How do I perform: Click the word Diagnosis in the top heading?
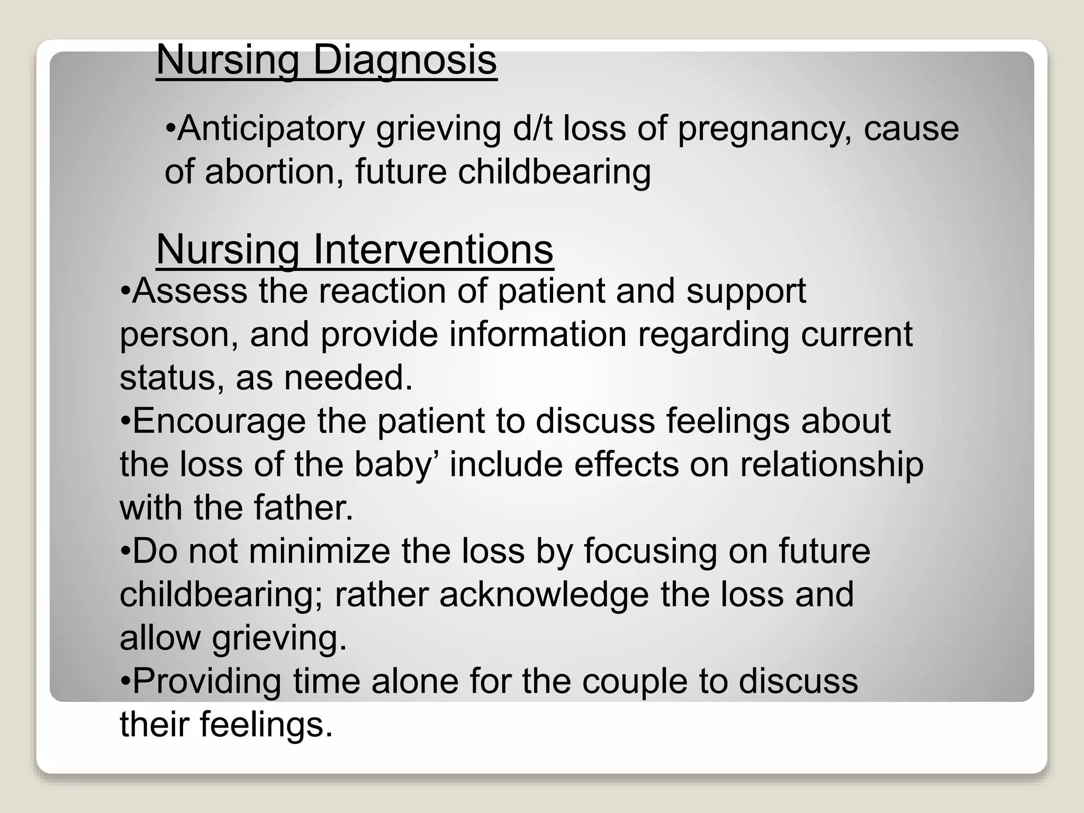click(405, 61)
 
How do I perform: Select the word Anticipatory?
click(271, 129)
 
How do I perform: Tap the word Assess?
click(189, 291)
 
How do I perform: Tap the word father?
click(303, 508)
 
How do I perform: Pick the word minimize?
click(319, 552)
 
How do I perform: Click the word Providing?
click(207, 682)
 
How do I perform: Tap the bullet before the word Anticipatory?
click(170, 129)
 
